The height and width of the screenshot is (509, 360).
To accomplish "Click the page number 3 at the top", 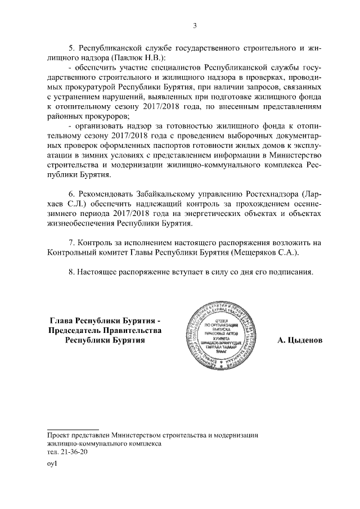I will (x=195, y=25).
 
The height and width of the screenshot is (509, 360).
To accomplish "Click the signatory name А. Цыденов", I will (x=301, y=340).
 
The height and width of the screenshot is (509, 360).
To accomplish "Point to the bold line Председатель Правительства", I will (x=105, y=330).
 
